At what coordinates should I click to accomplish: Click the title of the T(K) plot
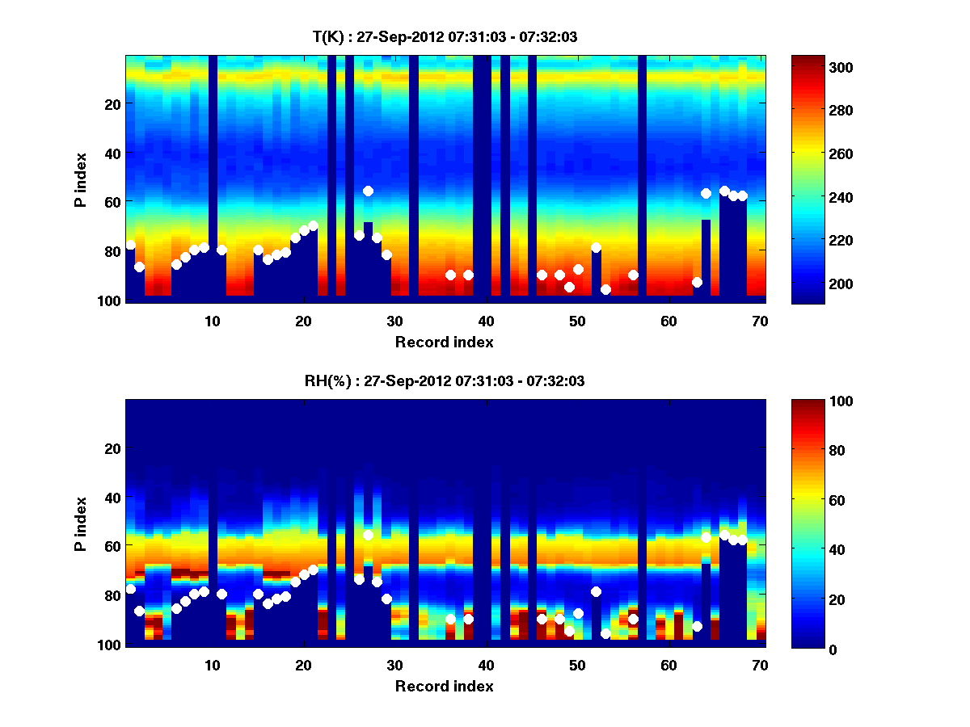(445, 36)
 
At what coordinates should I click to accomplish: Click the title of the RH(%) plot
(445, 381)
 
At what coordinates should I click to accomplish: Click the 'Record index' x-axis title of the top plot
(445, 342)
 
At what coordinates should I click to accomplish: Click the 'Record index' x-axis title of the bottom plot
(445, 686)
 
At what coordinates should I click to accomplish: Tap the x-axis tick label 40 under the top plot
(486, 321)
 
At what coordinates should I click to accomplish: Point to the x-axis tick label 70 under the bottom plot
(760, 666)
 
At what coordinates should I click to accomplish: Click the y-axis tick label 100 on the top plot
(111, 300)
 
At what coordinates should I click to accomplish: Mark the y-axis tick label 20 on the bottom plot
(114, 448)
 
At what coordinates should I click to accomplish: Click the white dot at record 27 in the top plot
(368, 191)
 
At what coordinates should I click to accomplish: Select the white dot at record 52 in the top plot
(596, 247)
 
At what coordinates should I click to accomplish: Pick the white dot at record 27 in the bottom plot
(368, 535)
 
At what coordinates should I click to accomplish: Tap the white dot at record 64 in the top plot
(706, 193)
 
